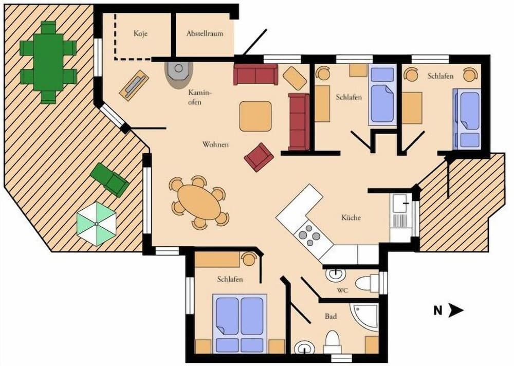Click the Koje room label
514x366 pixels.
click(140, 34)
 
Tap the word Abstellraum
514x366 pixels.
click(205, 34)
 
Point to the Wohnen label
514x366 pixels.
click(215, 145)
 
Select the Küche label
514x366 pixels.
click(351, 217)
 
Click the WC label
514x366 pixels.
click(343, 290)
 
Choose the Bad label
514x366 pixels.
click(331, 317)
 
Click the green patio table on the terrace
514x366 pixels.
click(48, 62)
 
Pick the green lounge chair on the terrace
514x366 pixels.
click(109, 178)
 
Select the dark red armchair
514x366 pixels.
click(259, 157)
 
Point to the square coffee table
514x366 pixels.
click(255, 116)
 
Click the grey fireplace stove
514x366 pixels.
click(179, 72)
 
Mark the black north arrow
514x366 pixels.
click(455, 310)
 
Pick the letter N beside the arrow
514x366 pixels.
click(437, 310)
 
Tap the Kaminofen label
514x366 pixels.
click(198, 97)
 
